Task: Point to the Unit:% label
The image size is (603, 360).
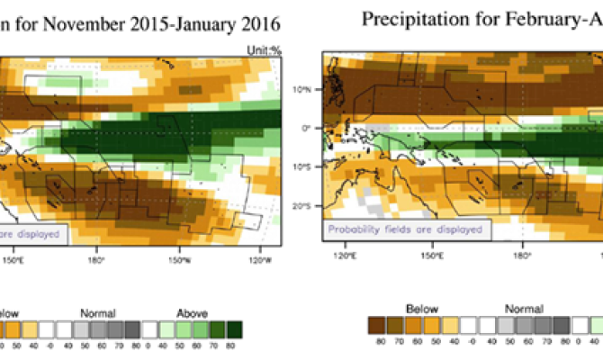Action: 263,51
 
